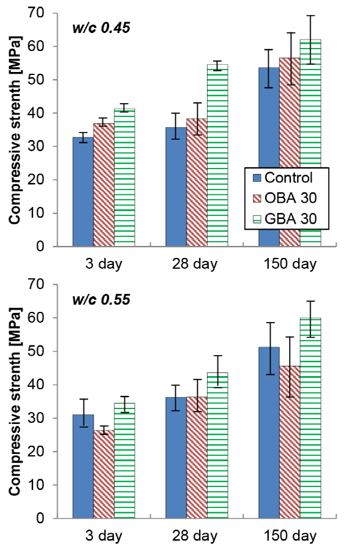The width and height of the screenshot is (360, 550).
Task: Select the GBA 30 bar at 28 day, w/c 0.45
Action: click(217, 156)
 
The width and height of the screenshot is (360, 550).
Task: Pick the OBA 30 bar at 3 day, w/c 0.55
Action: click(104, 474)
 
